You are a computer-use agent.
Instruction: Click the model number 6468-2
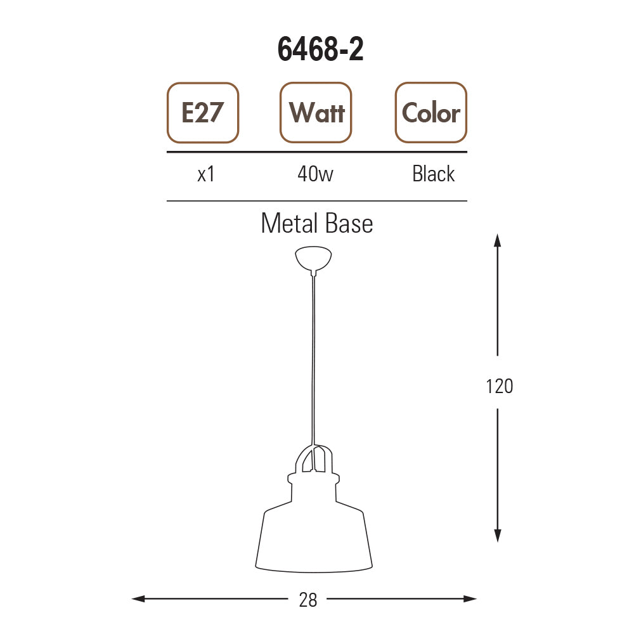pos(320,49)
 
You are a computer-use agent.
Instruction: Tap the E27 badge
pos(203,112)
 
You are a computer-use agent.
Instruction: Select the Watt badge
pos(316,112)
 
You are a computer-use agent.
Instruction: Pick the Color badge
pos(431,112)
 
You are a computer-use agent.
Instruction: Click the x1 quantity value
pos(206,174)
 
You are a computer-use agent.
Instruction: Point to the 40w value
pos(315,174)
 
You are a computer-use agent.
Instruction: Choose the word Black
pos(434,174)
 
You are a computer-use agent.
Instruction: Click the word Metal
pos(289,223)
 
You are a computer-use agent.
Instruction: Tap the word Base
pos(349,223)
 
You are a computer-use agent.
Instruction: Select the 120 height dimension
pos(500,386)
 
